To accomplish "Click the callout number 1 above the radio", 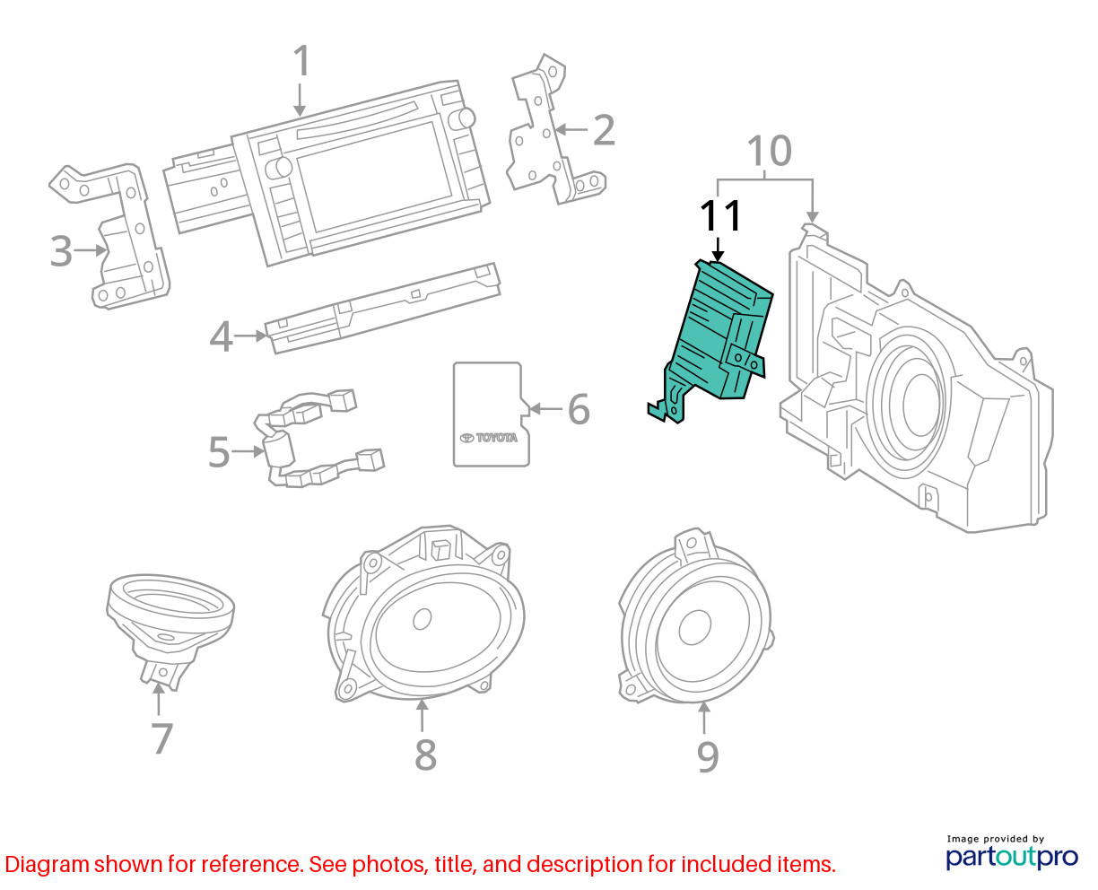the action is coord(302,61).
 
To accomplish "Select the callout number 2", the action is coord(604,130).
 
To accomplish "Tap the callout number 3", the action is coord(61,251).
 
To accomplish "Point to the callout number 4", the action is coord(222,337).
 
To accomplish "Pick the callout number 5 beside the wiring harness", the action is coord(219,451).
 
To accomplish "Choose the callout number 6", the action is coord(579,409).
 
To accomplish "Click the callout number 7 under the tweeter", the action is coord(161,737).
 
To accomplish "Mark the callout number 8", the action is coord(426,755).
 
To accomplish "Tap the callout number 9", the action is coord(708,756).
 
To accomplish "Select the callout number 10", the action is coord(769,151).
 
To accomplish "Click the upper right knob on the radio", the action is coord(462,119).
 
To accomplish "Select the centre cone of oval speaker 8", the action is coord(423,619).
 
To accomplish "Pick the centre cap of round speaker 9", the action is coord(694,627).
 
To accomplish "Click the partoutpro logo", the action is coord(1011,857).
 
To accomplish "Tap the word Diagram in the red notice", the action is coord(47,864).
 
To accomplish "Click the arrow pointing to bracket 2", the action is coord(571,129).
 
